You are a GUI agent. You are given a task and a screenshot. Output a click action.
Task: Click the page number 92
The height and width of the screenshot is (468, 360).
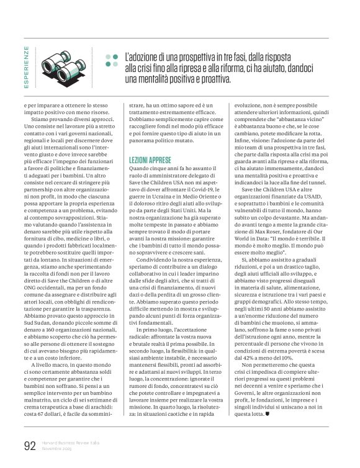coord(29,446)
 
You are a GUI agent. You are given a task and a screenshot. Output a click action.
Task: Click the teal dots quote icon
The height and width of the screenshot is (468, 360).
coord(110,60)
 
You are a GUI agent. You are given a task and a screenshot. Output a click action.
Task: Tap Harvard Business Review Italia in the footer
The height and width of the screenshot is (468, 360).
coord(68,443)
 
